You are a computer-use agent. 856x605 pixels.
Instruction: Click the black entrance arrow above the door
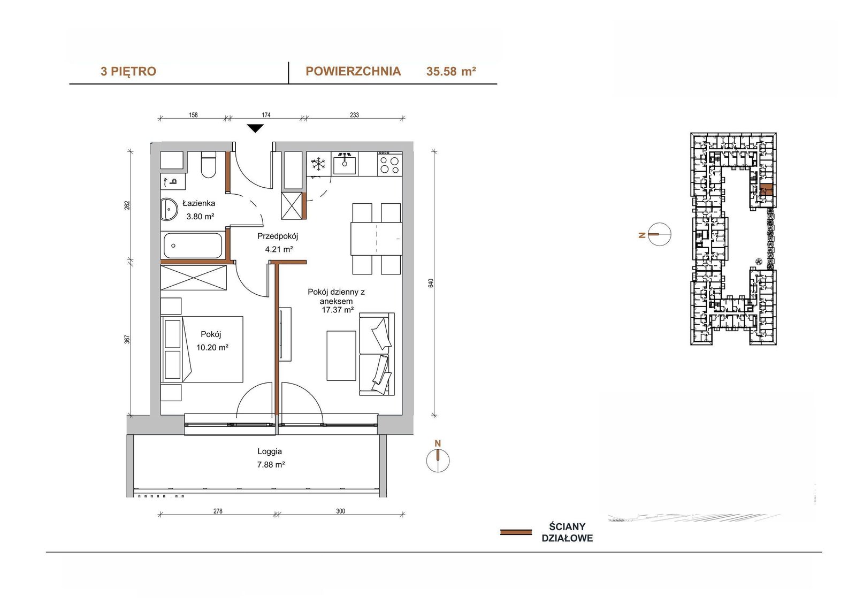pos(255,128)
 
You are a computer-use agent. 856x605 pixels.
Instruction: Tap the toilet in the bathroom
pos(208,165)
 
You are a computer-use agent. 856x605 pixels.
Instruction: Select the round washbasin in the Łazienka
pos(169,209)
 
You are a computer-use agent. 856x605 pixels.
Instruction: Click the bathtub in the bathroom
pos(193,246)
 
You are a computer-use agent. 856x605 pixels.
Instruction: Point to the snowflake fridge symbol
pos(318,164)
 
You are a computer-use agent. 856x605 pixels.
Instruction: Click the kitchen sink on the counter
pos(345,164)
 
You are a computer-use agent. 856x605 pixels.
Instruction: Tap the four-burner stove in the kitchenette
pos(389,164)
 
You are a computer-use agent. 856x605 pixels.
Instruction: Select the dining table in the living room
pos(376,239)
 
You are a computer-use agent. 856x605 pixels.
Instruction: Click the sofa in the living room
pos(377,354)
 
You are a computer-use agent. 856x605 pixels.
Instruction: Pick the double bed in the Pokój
pos(202,349)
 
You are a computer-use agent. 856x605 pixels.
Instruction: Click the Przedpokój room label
pos(278,236)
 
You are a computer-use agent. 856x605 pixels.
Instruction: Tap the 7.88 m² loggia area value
pos(271,464)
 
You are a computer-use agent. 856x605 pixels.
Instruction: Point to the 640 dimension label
pos(431,283)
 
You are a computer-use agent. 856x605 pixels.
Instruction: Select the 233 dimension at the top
pos(354,114)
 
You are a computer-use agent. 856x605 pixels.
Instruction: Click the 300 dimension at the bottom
pos(340,511)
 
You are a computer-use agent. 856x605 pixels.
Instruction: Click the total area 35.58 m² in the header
pos(451,72)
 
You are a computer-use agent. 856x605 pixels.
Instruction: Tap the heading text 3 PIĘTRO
pos(128,72)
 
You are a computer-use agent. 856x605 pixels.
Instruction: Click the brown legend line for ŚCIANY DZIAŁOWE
pos(516,532)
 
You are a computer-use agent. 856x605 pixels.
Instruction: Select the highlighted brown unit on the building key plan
pos(766,190)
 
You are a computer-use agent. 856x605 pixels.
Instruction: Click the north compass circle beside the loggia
pos(438,461)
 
